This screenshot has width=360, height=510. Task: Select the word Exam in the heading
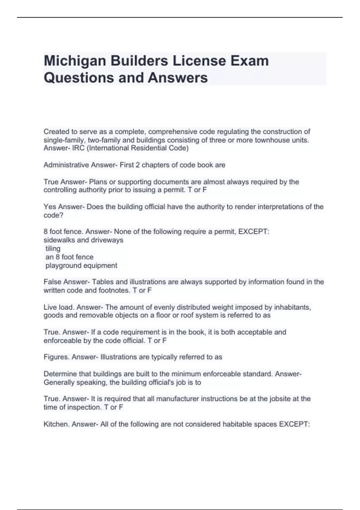point(249,61)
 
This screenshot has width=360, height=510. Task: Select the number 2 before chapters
point(137,165)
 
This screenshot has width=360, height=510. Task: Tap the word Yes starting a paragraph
point(50,207)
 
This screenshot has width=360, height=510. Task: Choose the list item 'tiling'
point(53,249)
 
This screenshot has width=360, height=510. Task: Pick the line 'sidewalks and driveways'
point(83,240)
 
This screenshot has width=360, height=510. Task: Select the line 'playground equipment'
point(81,265)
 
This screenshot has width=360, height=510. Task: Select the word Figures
point(56,357)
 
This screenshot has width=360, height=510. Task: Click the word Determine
point(60,374)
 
